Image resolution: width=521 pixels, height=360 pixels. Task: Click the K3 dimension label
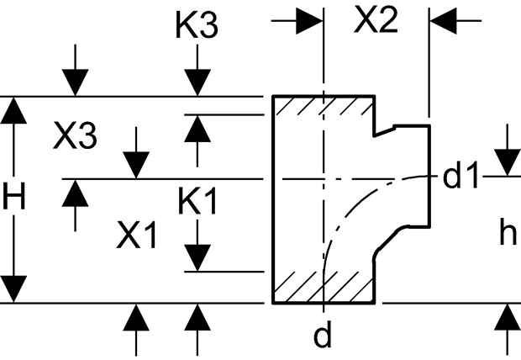tap(197, 25)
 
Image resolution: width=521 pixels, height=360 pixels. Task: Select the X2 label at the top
tap(376, 20)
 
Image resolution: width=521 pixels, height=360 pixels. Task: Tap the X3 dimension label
tap(75, 136)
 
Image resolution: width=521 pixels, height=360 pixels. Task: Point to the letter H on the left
tap(14, 197)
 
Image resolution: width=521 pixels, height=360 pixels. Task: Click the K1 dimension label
tap(197, 201)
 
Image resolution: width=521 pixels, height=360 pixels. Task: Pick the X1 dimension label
tap(136, 236)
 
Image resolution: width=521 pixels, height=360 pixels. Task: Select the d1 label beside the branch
tap(460, 176)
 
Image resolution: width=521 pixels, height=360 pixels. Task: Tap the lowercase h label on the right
tap(508, 233)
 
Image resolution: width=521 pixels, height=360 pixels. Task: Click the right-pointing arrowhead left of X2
tap(309, 21)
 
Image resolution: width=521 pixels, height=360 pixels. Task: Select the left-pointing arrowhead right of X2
tap(443, 21)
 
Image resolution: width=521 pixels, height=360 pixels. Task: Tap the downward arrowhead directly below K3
tap(197, 82)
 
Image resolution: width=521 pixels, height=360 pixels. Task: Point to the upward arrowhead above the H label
tap(13, 110)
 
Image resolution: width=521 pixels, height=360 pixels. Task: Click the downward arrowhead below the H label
tap(13, 289)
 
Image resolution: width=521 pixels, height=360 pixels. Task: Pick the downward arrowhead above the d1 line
tap(507, 162)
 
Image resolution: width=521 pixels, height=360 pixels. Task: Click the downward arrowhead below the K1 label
tap(197, 258)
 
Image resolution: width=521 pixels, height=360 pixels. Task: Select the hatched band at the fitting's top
tap(324, 105)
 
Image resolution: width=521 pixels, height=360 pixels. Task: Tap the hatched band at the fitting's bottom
tap(324, 287)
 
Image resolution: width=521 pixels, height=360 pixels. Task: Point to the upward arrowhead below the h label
tap(508, 317)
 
